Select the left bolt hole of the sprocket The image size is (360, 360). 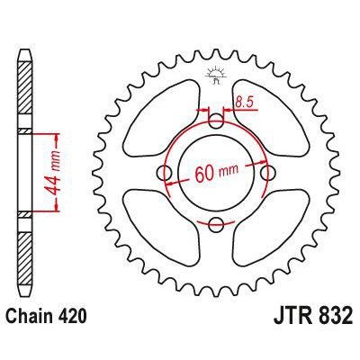click(x=164, y=172)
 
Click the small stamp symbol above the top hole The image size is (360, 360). click(x=215, y=76)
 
